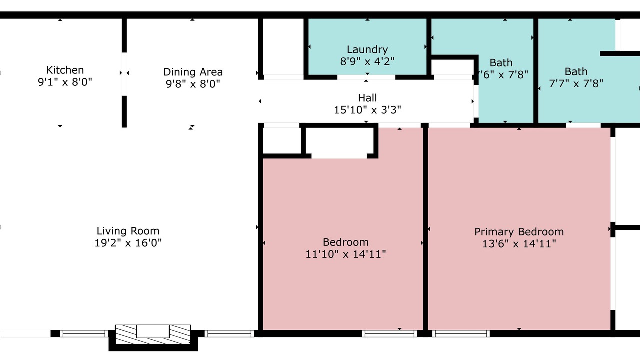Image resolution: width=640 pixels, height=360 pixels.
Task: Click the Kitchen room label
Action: point(65,70)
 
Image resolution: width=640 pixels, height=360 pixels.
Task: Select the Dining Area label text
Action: point(193,72)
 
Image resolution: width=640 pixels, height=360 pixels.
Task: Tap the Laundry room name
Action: point(367,50)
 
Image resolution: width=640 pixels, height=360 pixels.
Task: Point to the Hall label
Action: point(367,98)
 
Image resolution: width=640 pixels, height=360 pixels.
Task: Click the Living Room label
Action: point(128,231)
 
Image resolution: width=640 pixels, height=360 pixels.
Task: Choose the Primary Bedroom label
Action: point(519,232)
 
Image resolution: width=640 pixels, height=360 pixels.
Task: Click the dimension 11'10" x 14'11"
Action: point(345,254)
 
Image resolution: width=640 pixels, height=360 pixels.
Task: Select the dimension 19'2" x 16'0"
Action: point(128,243)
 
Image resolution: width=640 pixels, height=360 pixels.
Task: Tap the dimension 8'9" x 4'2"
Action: point(367,61)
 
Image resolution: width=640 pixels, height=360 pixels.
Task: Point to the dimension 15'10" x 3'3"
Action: point(367,110)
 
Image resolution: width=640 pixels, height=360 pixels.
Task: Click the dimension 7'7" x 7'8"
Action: point(576,83)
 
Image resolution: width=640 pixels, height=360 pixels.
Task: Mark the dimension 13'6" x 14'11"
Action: point(519,244)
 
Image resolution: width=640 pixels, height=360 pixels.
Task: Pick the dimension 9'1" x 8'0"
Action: point(65,82)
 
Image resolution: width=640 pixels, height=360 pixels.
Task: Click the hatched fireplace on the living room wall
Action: point(153,335)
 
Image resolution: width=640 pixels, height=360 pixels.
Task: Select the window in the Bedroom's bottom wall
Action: point(389,333)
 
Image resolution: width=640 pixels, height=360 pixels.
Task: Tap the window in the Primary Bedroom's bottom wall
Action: point(461,333)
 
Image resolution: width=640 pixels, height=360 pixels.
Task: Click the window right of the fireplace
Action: point(229,333)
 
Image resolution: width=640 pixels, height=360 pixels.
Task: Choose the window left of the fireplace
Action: point(84,333)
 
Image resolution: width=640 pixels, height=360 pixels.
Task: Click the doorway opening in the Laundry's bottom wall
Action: point(366,77)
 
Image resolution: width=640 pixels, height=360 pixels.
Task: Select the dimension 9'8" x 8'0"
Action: point(193,84)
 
